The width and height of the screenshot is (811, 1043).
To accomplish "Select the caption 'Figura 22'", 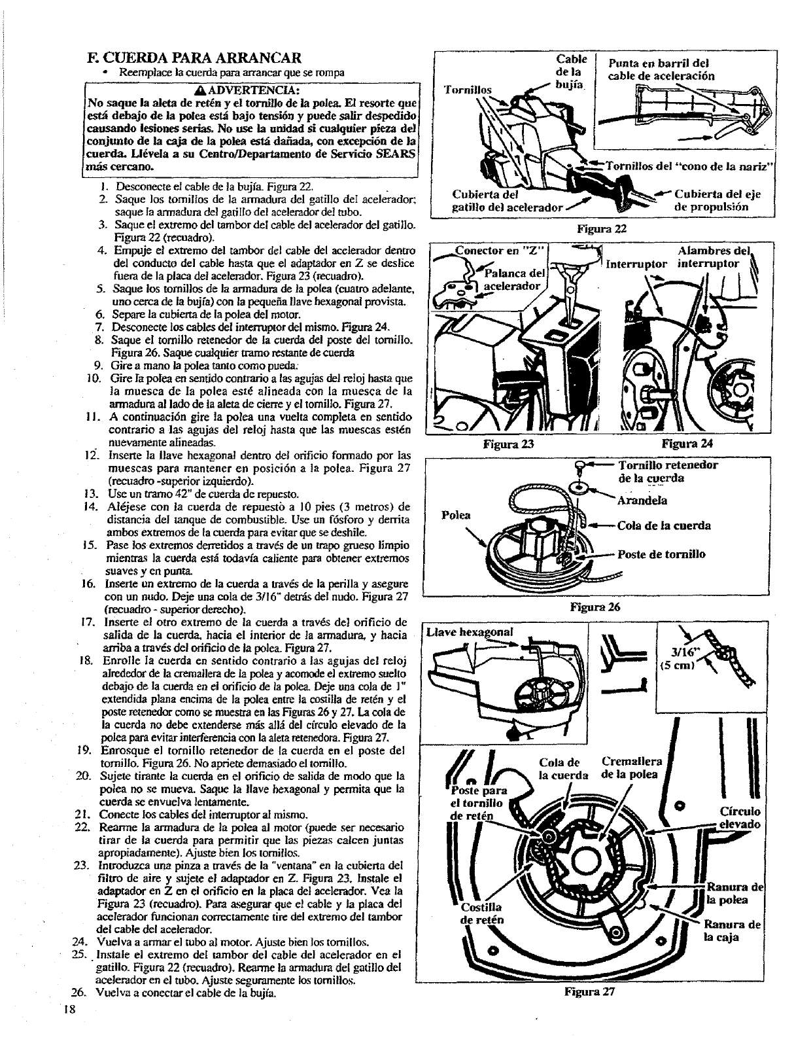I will (602, 229).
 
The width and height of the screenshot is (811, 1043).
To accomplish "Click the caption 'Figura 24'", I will (687, 444).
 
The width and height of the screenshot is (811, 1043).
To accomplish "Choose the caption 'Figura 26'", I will (595, 607).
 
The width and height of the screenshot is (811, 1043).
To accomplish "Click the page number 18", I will (71, 1026).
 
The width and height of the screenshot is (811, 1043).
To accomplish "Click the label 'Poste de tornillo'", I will (661, 554).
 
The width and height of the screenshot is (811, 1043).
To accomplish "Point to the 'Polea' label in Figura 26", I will (456, 515).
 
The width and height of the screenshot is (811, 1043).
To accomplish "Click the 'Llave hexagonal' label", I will (470, 632).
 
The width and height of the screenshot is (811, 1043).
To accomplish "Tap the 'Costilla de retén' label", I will (483, 913).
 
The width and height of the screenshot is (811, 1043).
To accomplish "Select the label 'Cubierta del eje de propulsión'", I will (717, 200).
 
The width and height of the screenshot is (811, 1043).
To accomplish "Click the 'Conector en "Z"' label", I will (501, 251).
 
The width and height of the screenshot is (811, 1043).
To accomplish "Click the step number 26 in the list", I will (78, 1010).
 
